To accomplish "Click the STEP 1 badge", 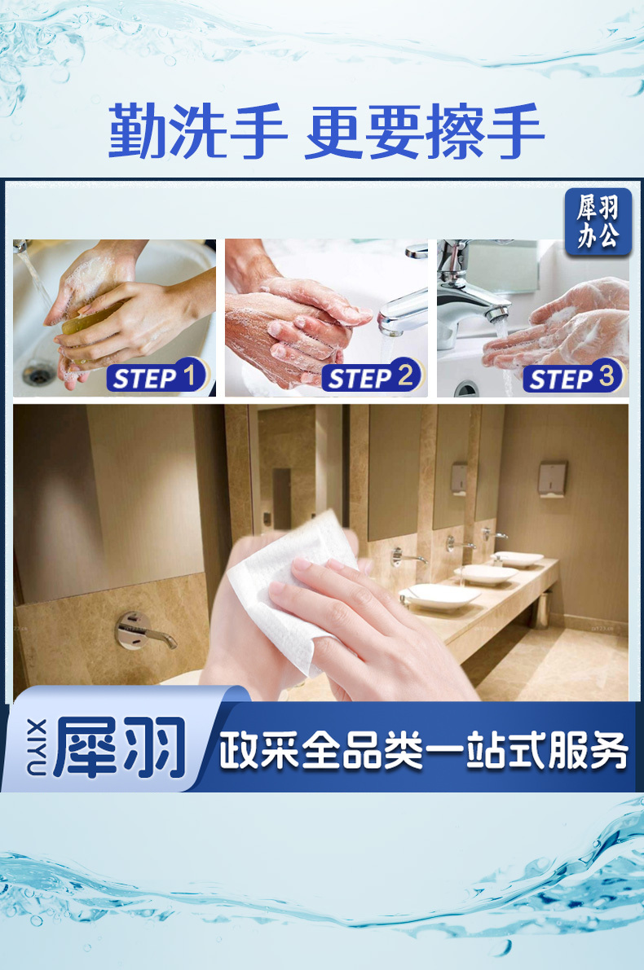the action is coord(157,375).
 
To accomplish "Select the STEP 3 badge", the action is coord(573,375).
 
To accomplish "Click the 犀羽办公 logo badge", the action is coord(598,221).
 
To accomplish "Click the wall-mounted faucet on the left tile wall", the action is coord(143,630).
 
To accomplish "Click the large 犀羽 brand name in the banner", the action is coord(120,748).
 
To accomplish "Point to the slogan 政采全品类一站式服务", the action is coord(424,750).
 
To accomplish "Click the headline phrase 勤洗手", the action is coord(197,132).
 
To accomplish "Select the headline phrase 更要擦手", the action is coord(425,132).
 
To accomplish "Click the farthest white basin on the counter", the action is coord(518,559).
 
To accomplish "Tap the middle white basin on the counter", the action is coord(486,575).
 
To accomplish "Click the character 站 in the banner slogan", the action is coord(486,750).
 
